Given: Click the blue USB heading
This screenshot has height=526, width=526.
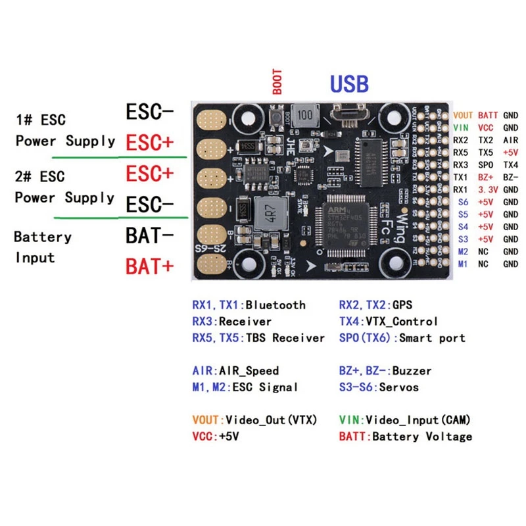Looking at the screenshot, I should pyautogui.click(x=349, y=84).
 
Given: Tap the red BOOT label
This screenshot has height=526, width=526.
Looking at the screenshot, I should pyautogui.click(x=277, y=82).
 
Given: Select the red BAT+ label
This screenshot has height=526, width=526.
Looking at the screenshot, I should pyautogui.click(x=149, y=266).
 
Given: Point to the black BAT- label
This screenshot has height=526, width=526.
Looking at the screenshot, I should pyautogui.click(x=149, y=235).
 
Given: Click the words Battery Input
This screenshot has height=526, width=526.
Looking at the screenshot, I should pyautogui.click(x=42, y=247).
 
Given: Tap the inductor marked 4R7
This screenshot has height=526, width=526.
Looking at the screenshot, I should pyautogui.click(x=267, y=214).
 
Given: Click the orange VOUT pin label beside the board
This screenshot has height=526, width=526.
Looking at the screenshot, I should pyautogui.click(x=462, y=115).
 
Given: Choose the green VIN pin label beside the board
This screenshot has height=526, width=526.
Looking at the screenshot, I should pyautogui.click(x=462, y=128).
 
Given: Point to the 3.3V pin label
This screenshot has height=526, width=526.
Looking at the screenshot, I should pyautogui.click(x=487, y=189).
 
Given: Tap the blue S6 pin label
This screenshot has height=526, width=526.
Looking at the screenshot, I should pyautogui.click(x=463, y=202).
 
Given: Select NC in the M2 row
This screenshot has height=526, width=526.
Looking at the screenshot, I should pyautogui.click(x=483, y=251).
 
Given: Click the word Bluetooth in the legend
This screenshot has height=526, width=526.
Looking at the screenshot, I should pyautogui.click(x=275, y=304).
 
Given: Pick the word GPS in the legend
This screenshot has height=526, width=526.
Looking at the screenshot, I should pyautogui.click(x=400, y=304).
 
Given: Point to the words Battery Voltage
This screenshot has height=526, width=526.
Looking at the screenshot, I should pyautogui.click(x=422, y=436).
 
